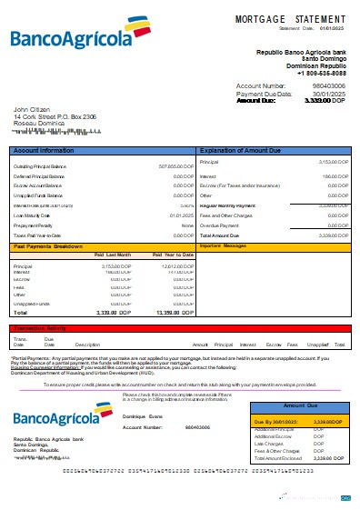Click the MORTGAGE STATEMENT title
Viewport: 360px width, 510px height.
(x=290, y=18)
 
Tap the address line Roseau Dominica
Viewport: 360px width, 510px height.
(x=37, y=123)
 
